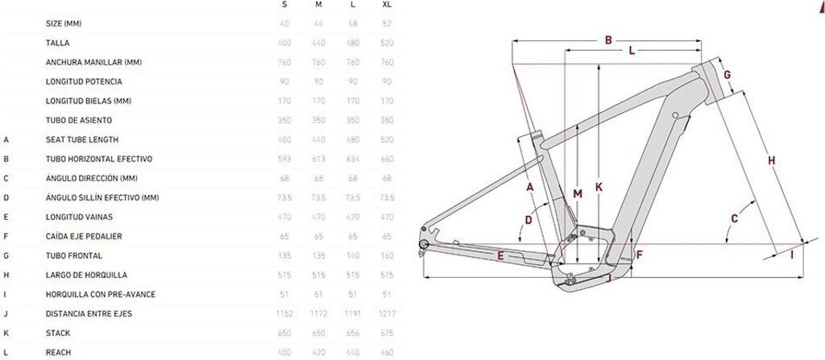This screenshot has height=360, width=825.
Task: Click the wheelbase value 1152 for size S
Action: point(284,314)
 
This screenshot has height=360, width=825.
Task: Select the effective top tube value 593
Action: point(284,159)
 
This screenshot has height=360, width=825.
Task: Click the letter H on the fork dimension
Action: point(771,161)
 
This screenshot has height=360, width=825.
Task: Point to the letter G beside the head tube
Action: point(726,76)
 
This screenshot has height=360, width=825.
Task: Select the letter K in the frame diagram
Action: point(599,187)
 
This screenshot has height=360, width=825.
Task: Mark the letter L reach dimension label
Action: point(631,51)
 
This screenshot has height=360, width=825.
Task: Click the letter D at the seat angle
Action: point(529,219)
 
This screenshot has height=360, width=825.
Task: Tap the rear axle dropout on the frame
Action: point(423,244)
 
